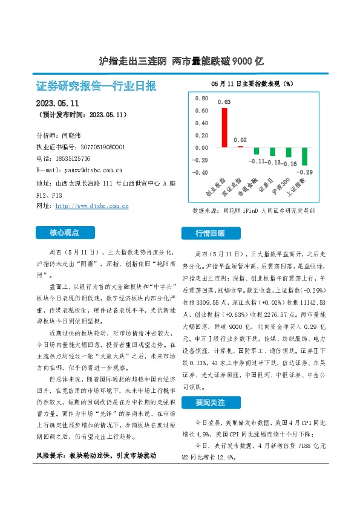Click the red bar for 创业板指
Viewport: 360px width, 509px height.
click(x=223, y=128)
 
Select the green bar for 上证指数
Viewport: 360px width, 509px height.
click(x=304, y=157)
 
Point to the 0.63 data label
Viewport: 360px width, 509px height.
click(x=224, y=102)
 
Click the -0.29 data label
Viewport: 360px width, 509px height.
click(x=305, y=172)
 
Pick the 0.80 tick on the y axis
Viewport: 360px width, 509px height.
click(x=201, y=98)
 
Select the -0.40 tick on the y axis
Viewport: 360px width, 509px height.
click(x=200, y=172)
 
